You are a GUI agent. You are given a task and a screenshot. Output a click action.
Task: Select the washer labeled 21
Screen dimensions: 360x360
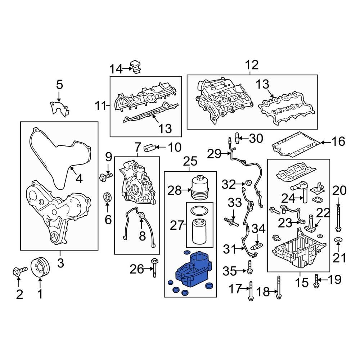pos(338,240)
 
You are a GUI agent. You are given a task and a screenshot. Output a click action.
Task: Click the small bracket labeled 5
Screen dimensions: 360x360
pos(58,107)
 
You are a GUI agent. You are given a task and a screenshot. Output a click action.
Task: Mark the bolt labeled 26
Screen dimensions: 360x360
pos(155,268)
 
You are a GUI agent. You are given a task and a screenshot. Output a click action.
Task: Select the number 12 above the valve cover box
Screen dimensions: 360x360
pos(252,66)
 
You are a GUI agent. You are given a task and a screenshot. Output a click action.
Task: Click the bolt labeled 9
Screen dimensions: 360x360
pos(106,176)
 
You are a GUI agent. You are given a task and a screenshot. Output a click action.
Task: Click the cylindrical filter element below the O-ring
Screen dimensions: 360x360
pos(199,230)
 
